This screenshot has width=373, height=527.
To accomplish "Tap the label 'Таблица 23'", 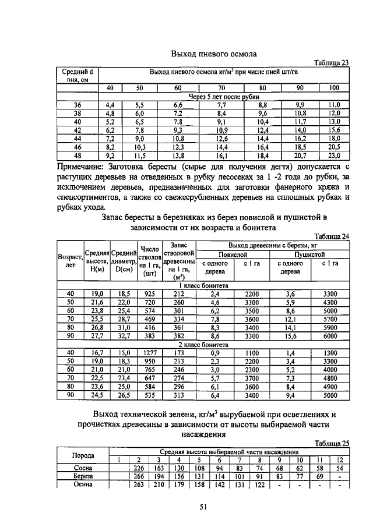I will click(x=331, y=63).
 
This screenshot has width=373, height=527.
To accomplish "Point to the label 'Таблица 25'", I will click(x=331, y=443).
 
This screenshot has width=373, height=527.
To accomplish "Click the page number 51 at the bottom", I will click(x=203, y=507).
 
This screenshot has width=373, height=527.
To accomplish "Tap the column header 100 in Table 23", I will click(x=333, y=88).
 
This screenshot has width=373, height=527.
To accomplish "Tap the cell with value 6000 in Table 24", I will click(x=330, y=336).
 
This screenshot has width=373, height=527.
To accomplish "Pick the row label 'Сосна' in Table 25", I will click(x=83, y=468).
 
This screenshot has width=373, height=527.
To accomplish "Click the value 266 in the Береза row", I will click(x=139, y=476).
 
